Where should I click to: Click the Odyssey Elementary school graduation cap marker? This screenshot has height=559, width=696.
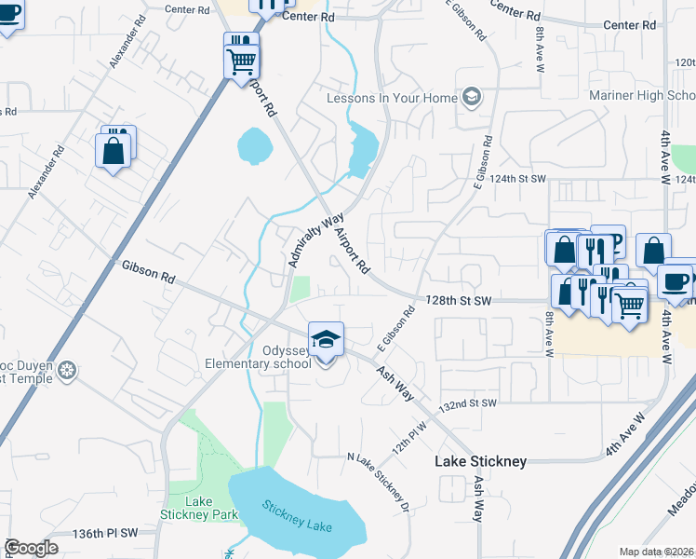pyautogui.click(x=326, y=340)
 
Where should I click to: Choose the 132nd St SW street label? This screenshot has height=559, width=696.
pyautogui.click(x=469, y=403)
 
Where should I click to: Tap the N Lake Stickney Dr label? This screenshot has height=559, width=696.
pyautogui.click(x=378, y=482)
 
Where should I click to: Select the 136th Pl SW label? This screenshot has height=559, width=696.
pyautogui.click(x=105, y=533)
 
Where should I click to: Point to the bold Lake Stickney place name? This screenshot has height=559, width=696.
pyautogui.click(x=481, y=461)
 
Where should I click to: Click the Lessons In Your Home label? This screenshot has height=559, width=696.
pyautogui.click(x=392, y=98)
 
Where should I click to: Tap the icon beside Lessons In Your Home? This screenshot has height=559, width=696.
pyautogui.click(x=472, y=97)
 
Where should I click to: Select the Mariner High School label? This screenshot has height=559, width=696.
pyautogui.click(x=641, y=96)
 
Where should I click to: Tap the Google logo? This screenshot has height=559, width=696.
pyautogui.click(x=31, y=548)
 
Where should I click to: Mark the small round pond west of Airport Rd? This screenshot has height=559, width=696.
pyautogui.click(x=254, y=145)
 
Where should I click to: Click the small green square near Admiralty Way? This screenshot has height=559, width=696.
pyautogui.click(x=300, y=289)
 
